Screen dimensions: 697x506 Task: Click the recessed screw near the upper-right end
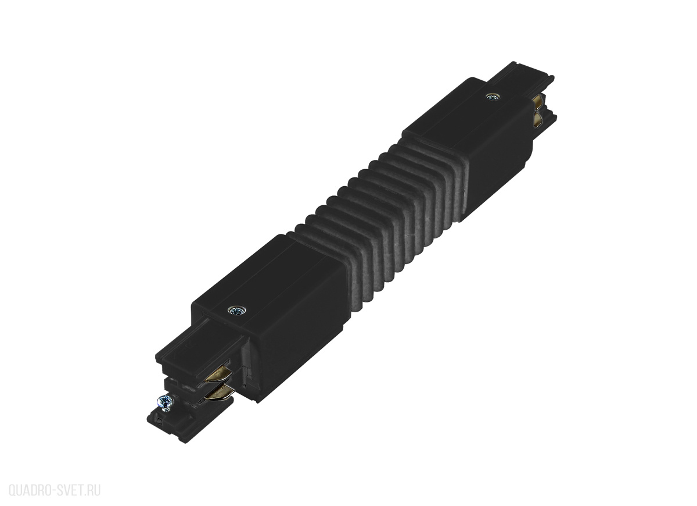point(493,97)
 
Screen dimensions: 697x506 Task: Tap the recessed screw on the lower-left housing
point(237,311)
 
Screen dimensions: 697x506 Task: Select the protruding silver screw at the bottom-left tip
point(166,402)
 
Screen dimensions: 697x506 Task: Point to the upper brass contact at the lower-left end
point(218,373)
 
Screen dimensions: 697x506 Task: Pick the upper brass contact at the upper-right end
point(537,102)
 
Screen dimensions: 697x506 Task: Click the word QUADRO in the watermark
point(30,490)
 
